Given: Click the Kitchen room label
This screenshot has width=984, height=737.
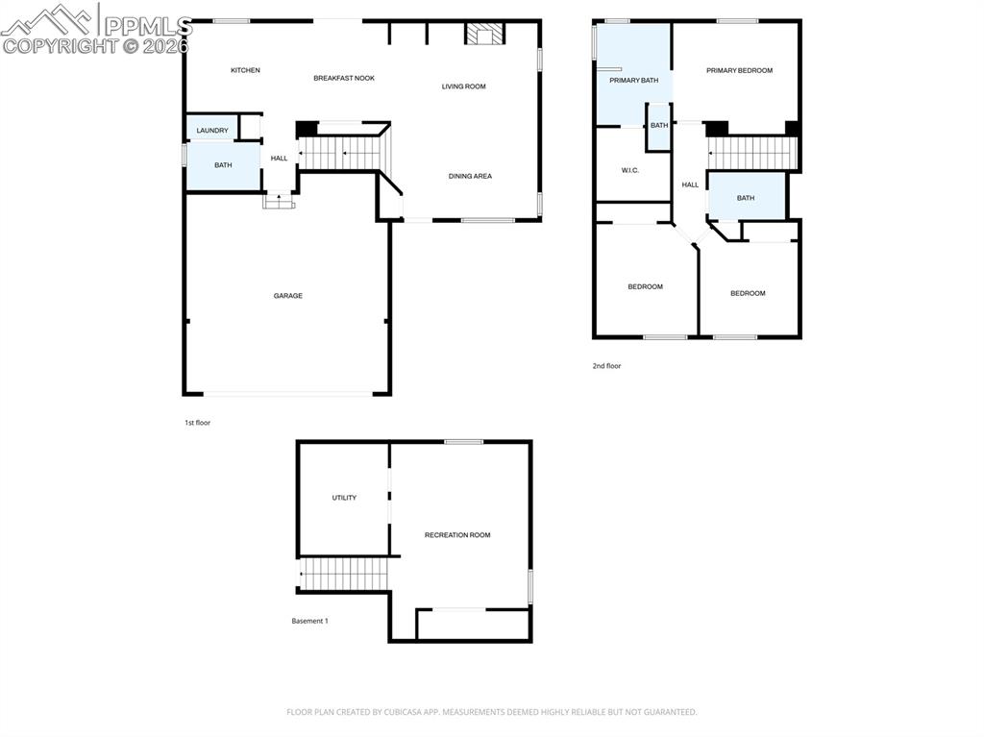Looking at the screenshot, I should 245,70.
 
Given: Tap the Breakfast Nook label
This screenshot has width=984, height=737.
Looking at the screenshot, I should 344,78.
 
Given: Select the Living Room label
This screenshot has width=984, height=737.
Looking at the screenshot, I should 463,86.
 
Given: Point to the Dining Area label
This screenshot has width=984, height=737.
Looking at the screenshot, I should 470,176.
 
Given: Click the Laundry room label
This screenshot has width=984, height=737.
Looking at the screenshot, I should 212,131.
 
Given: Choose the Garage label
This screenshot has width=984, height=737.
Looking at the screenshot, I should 287,296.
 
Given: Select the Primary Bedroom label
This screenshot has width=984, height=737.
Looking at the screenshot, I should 739,70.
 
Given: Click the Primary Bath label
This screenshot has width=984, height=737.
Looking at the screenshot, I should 633,80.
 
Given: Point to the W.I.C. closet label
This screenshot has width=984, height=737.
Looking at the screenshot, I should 630,170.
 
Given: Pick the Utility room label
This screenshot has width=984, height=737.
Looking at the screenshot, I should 344,498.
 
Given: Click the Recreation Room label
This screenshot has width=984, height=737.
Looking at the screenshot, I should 457,535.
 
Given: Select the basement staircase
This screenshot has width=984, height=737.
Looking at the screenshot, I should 344,575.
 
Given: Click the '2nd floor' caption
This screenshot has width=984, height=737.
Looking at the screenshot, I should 606,366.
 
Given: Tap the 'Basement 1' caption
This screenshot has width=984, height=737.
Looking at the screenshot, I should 309,621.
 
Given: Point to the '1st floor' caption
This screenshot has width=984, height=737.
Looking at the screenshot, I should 197,423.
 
